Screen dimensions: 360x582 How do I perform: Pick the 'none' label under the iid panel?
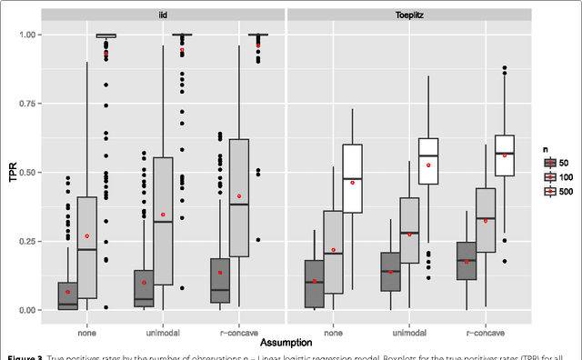[x=87, y=329]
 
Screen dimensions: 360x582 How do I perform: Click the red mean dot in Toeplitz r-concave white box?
[x=506, y=155]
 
